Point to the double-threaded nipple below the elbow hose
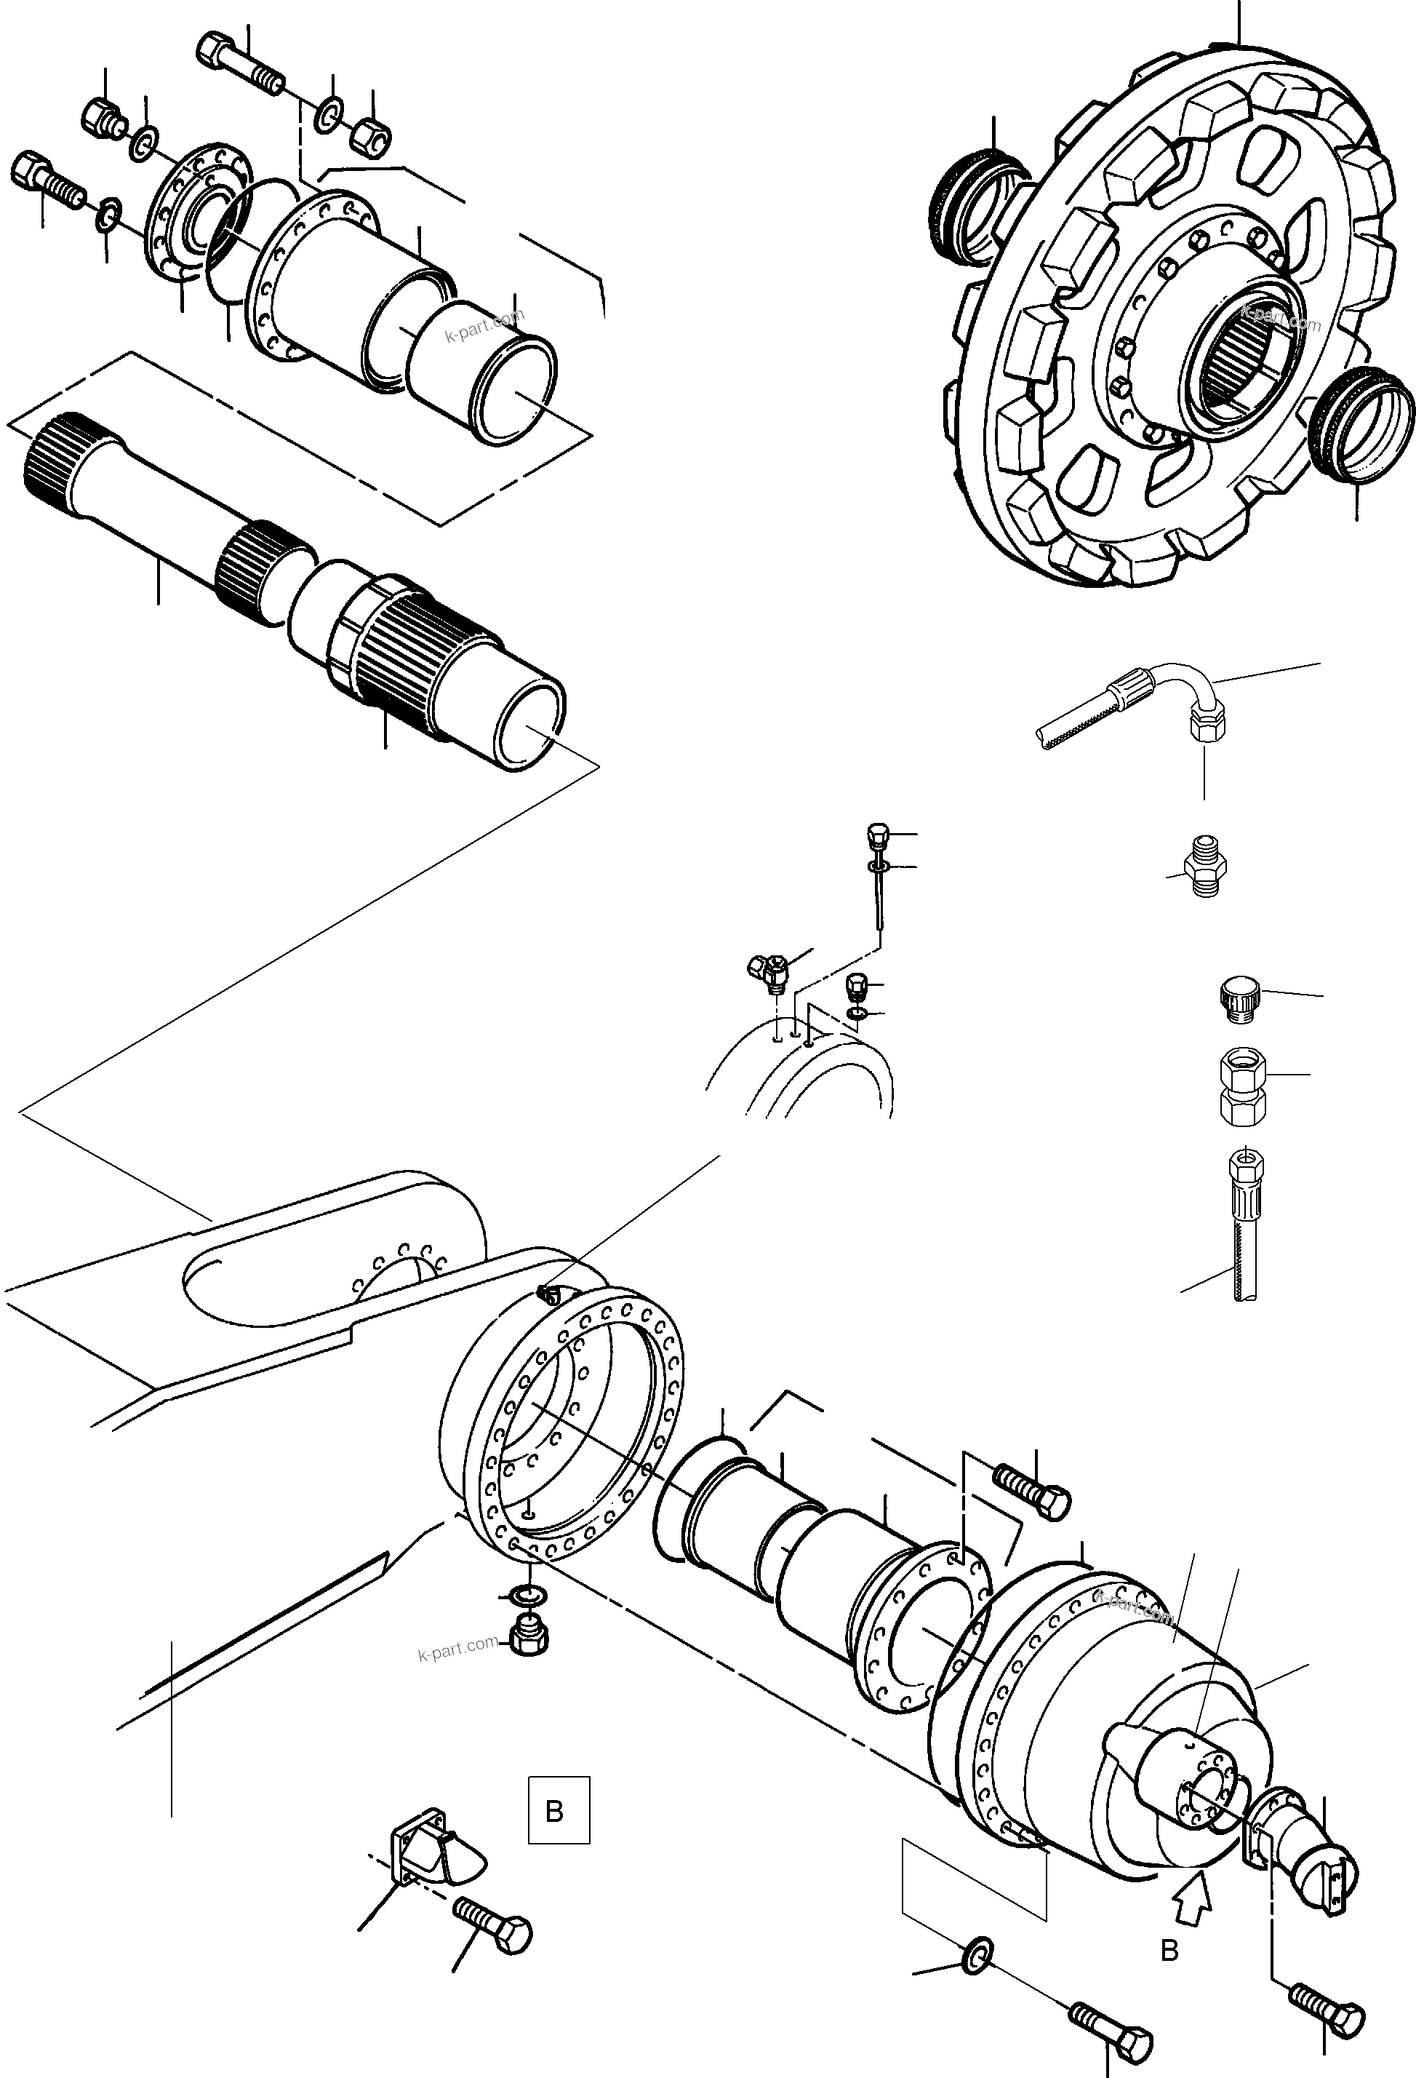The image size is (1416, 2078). tap(1203, 867)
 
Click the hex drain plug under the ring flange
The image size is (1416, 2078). tap(530, 1636)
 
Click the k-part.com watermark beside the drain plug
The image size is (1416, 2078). tap(457, 1646)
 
